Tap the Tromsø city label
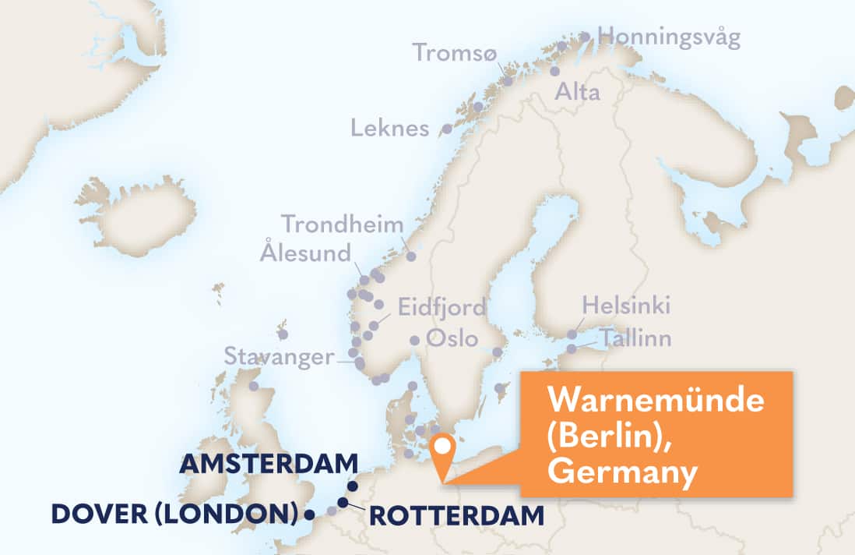pyautogui.click(x=454, y=52)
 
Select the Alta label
pyautogui.click(x=577, y=93)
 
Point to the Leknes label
pyautogui.click(x=390, y=128)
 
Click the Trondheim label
pyautogui.click(x=343, y=224)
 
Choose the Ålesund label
pyautogui.click(x=306, y=253)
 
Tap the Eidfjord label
pyautogui.click(x=442, y=306)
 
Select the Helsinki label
pyautogui.click(x=626, y=305)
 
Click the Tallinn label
pyautogui.click(x=635, y=338)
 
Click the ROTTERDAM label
pyautogui.click(x=456, y=515)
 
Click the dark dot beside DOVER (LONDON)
pyautogui.click(x=310, y=514)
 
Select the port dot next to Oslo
pyautogui.click(x=415, y=340)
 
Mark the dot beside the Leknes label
pyautogui.click(x=447, y=129)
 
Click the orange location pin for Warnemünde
pyautogui.click(x=444, y=448)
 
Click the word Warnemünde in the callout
pyautogui.click(x=655, y=401)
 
